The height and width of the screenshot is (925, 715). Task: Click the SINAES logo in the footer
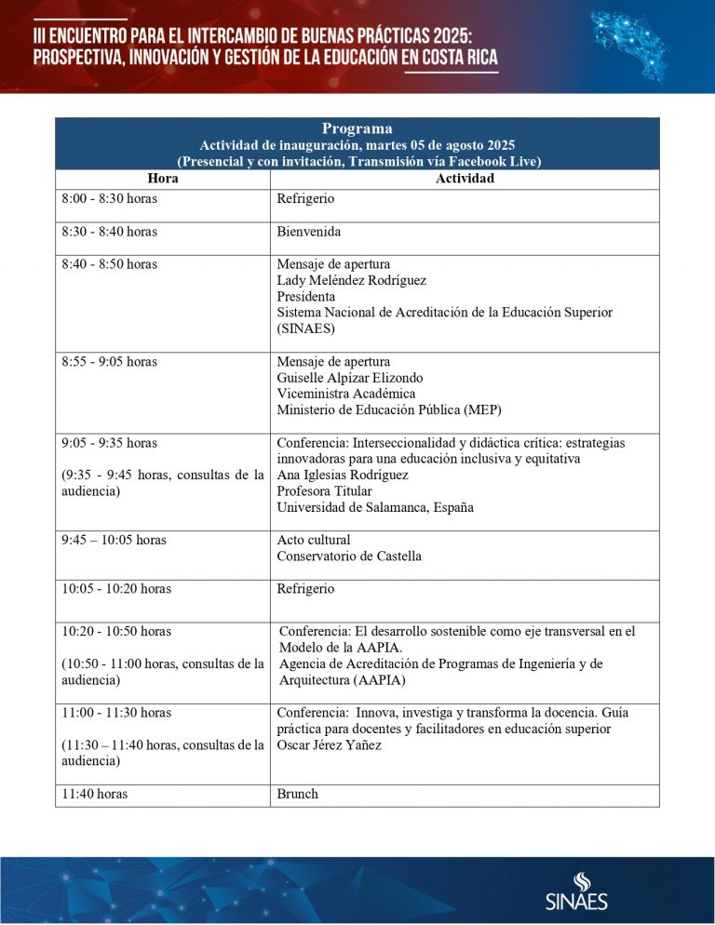(576, 891)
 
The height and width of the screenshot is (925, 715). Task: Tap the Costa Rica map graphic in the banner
(641, 44)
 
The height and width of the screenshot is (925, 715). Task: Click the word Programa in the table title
(357, 128)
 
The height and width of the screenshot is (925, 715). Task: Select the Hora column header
(162, 179)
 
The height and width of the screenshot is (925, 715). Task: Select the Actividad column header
(465, 179)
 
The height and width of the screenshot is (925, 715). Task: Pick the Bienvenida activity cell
(309, 232)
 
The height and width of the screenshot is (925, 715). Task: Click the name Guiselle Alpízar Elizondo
(350, 378)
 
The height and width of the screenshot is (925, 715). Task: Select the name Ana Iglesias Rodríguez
(343, 475)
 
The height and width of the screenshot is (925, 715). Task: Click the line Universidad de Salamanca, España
(375, 507)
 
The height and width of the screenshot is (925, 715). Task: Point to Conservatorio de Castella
(349, 556)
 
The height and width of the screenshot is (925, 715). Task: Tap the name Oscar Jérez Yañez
(330, 744)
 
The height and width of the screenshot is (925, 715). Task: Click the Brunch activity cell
(298, 794)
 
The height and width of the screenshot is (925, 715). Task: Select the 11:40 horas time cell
(94, 794)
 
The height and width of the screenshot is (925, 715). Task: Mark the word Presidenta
(306, 296)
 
